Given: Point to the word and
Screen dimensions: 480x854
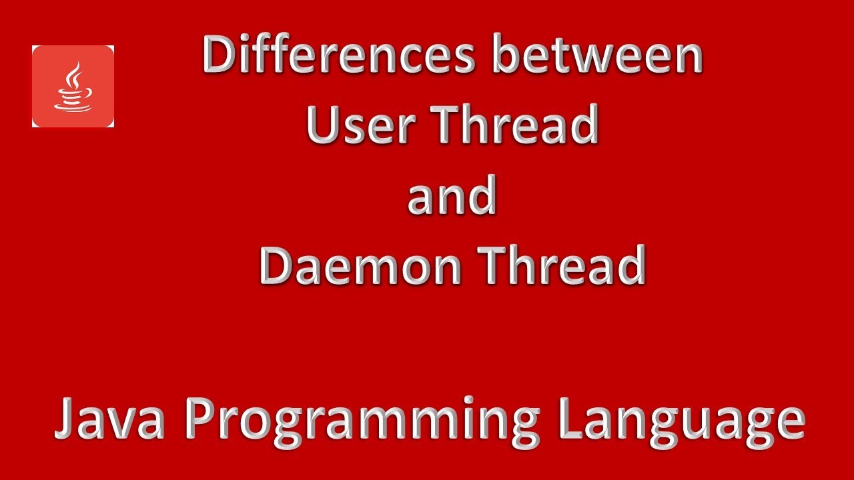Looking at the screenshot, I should [452, 196].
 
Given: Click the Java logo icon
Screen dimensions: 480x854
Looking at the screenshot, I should [73, 86].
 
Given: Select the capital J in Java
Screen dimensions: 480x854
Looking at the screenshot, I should [65, 419].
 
